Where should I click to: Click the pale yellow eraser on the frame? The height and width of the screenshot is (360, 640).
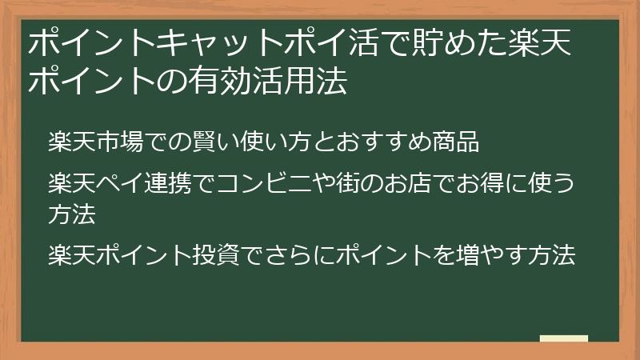point(564,339)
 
